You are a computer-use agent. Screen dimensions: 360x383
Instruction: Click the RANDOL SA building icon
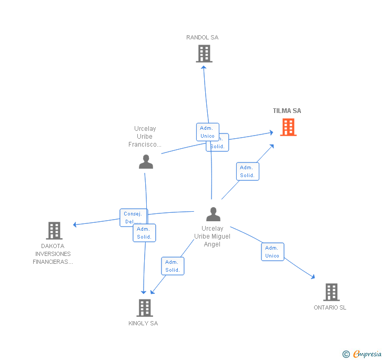pos(204,54)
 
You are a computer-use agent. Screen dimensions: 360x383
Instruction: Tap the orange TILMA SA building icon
pos(288,127)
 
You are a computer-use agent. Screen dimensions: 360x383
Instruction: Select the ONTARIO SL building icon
pos(331,292)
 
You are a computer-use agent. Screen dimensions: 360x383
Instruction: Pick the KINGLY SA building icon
pos(145,308)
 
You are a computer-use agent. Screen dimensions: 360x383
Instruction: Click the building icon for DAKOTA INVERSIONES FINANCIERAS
pos(54,230)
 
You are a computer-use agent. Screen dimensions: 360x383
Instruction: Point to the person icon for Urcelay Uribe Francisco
pos(146,162)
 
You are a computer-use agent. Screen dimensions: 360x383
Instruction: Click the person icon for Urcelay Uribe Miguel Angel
pos(213,214)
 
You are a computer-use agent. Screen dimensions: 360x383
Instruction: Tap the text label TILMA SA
pos(287,111)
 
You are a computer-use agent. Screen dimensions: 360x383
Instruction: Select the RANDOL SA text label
pos(202,37)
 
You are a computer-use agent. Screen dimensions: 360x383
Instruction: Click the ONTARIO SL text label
pos(330,307)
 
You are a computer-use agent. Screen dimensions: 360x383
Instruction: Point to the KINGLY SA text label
pos(143,323)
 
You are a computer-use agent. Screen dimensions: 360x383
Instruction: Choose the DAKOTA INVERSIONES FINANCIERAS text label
pos(53,254)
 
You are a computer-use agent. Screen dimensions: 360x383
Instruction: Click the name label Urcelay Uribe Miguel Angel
pos(213,236)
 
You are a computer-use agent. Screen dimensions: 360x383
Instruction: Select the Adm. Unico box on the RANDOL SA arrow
pos(207,132)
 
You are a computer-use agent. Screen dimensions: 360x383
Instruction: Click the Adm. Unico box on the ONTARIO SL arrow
pos(273,252)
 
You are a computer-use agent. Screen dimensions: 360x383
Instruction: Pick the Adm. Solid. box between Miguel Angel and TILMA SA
pos(247,171)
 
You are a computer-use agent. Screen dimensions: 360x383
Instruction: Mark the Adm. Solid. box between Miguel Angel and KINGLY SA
pos(173,266)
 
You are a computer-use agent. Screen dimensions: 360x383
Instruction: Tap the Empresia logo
pos(366,354)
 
